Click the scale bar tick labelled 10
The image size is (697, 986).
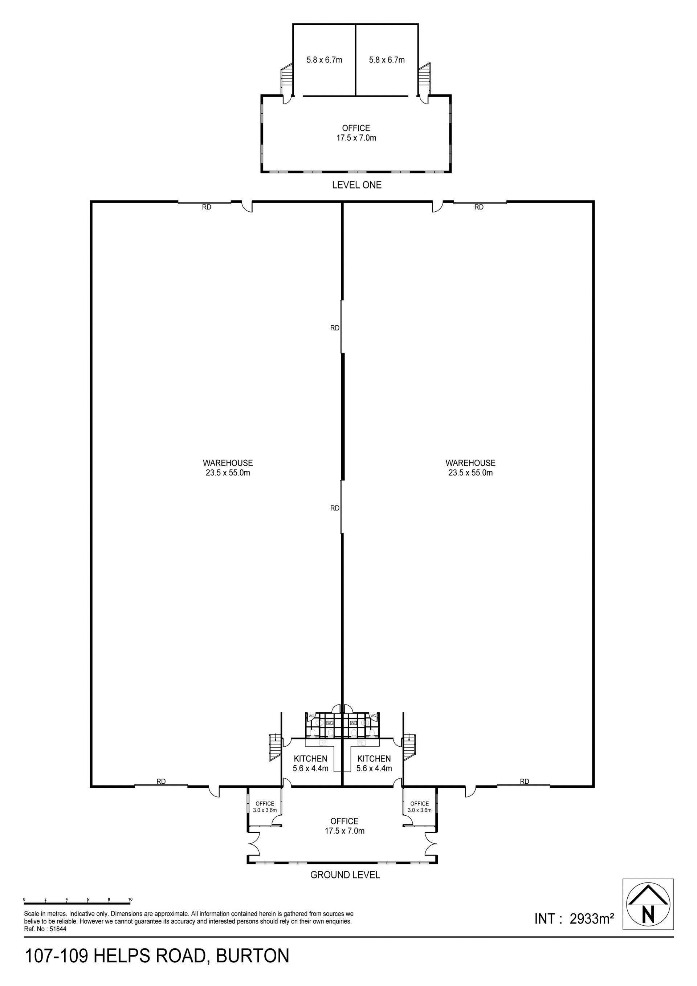coord(130,899)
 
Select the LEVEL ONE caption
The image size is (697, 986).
coord(356,185)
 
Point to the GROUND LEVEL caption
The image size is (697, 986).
coord(345,875)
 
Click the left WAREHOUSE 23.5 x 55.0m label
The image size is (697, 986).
coord(228,468)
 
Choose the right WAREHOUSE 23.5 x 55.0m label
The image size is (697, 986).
coord(470,468)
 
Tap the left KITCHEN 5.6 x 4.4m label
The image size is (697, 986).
coord(310,763)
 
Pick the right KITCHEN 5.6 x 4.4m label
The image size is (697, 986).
coord(374,763)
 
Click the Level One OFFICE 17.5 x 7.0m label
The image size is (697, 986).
coord(356,133)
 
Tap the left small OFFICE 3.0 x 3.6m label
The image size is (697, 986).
coord(265,807)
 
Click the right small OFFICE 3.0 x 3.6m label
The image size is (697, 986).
coord(420,807)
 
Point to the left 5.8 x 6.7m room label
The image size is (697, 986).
coord(325,60)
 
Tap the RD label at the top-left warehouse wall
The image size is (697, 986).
coord(207,207)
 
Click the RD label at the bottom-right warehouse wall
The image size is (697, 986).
coord(525,782)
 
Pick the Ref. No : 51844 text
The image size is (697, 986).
coord(45,929)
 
